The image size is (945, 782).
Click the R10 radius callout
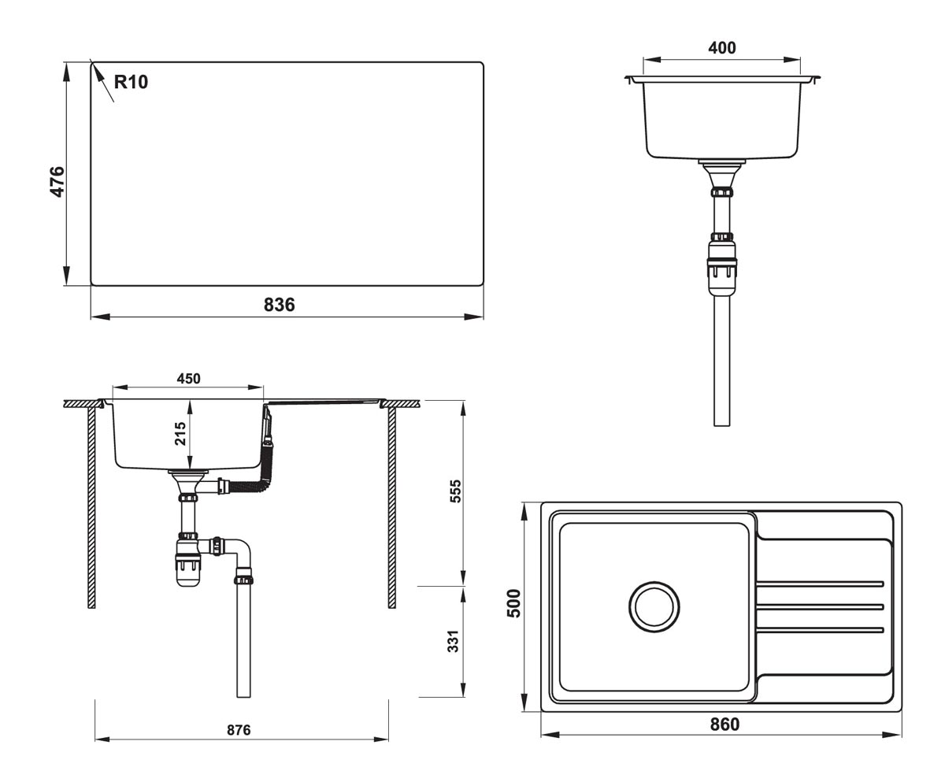(131, 82)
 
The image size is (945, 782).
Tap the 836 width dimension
(279, 305)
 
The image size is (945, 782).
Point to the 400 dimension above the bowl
(721, 48)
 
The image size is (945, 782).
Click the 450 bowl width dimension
(188, 379)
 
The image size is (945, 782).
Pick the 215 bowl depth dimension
(180, 434)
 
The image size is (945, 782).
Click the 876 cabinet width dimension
(239, 730)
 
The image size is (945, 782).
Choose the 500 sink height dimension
(514, 603)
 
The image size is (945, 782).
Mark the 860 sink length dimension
(724, 725)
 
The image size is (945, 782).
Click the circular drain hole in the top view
(654, 606)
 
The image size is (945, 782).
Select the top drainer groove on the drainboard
(820, 584)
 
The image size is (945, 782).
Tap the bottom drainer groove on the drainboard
(820, 628)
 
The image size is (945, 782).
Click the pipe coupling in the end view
(721, 268)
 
